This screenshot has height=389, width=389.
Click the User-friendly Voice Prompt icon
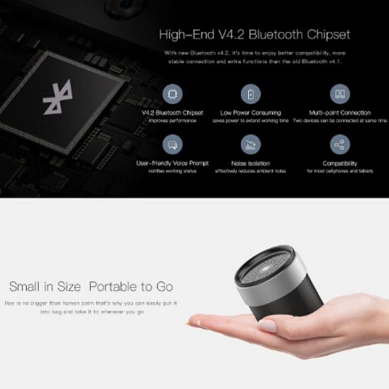click(172, 145)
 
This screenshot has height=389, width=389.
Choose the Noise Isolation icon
click(251, 145)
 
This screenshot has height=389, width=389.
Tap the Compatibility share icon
click(340, 145)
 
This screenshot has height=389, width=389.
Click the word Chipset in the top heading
click(328, 34)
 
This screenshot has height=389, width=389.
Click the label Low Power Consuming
click(251, 113)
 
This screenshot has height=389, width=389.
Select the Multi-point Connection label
click(340, 113)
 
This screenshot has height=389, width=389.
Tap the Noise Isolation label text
click(251, 164)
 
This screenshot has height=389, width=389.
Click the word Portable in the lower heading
click(112, 287)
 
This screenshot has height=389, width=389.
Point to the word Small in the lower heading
click(24, 287)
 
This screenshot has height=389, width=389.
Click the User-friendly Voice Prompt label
click(172, 164)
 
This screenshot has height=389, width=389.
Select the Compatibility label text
click(340, 164)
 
